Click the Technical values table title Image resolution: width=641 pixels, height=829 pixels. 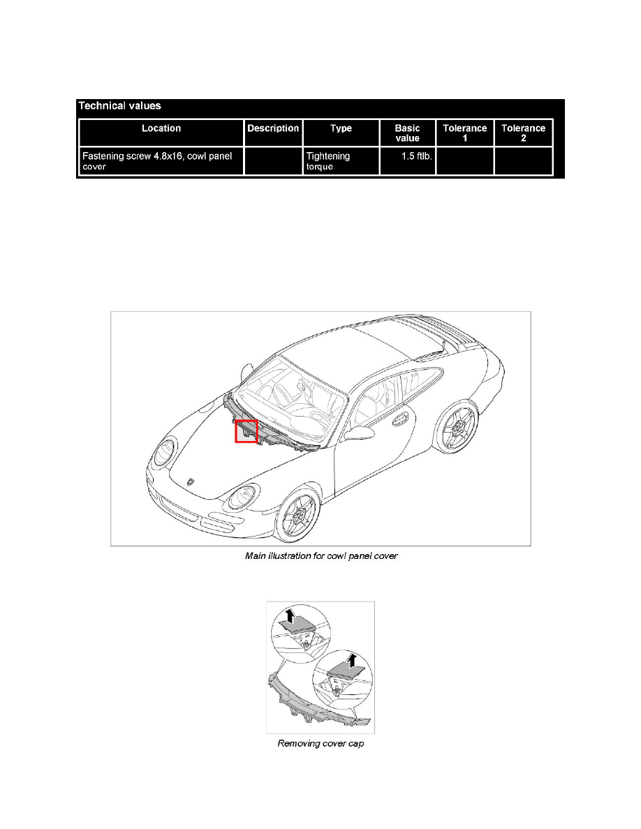point(119,106)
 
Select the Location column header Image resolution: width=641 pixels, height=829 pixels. point(161,128)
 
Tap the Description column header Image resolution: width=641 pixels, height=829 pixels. point(273,128)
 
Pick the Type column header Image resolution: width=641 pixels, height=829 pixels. point(341,128)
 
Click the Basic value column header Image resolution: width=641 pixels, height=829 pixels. point(407,133)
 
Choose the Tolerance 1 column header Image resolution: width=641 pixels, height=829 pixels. point(464,133)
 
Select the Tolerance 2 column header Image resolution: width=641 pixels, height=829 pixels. point(523,133)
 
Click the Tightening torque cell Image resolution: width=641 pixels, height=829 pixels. point(328,161)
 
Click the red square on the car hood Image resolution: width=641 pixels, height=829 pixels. point(246,431)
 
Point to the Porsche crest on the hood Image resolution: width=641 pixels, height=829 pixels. point(192,481)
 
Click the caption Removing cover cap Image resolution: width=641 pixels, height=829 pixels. point(320,744)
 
